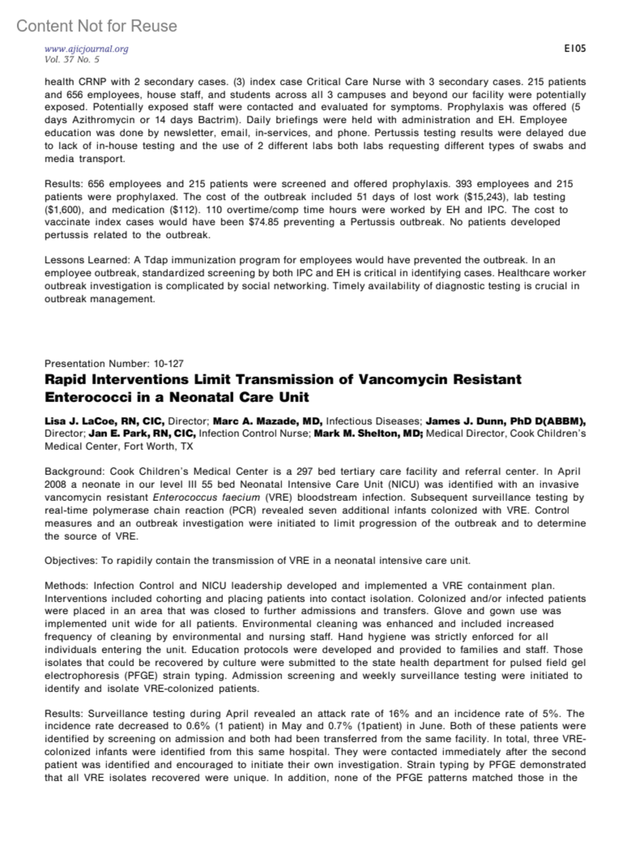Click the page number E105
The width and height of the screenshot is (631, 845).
[x=575, y=49]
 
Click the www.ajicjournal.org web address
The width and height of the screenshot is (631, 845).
[x=86, y=49]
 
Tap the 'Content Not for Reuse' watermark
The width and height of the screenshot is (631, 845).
[x=97, y=26]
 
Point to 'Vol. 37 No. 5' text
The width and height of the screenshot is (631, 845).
[x=72, y=59]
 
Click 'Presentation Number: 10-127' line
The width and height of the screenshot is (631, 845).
[x=114, y=364]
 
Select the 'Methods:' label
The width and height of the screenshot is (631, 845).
[x=67, y=586]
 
